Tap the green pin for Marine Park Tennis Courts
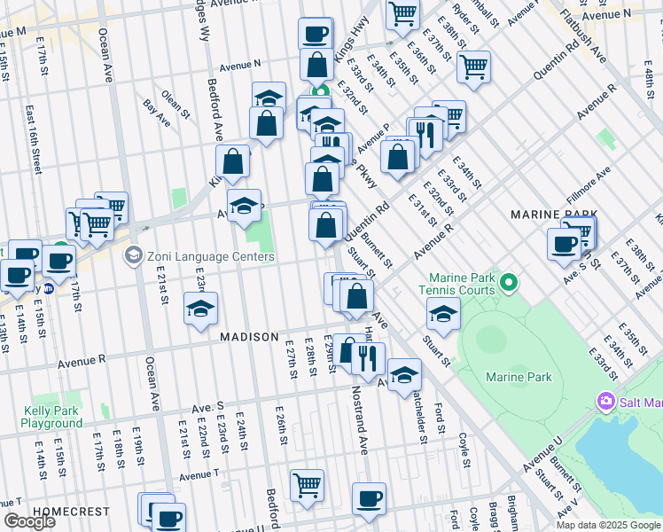(508, 284)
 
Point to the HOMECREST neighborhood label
(71, 512)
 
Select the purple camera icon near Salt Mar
(606, 401)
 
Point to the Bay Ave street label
(156, 111)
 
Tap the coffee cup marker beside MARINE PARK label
(564, 243)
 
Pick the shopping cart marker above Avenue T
(307, 484)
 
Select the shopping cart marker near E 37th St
(474, 66)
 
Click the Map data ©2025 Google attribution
(608, 525)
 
